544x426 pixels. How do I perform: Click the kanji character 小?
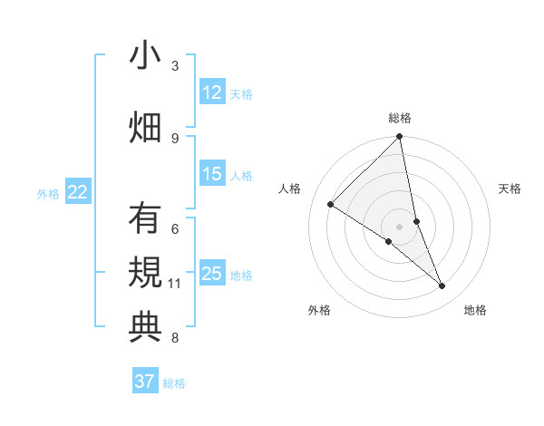click(145, 56)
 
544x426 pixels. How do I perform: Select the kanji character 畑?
click(145, 126)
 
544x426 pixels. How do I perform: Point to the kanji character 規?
click(145, 273)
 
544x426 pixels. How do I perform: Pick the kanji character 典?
click(145, 326)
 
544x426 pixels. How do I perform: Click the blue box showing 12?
click(212, 92)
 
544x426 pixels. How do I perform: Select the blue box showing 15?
click(212, 175)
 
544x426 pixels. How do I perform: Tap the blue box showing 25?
click(212, 274)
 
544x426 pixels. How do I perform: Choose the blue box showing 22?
click(78, 192)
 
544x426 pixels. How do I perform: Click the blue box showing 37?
click(145, 382)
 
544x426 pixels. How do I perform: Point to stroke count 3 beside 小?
click(175, 66)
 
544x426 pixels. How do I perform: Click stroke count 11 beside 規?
click(175, 284)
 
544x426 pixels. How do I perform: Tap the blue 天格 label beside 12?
click(241, 93)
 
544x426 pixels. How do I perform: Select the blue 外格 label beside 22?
click(48, 193)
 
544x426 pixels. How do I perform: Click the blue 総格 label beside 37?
click(174, 382)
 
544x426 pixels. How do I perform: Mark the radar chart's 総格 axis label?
click(400, 118)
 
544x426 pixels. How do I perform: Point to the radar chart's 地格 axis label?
click(475, 311)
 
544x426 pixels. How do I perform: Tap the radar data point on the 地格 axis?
click(442, 286)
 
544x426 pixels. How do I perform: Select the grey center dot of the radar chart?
click(399, 226)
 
